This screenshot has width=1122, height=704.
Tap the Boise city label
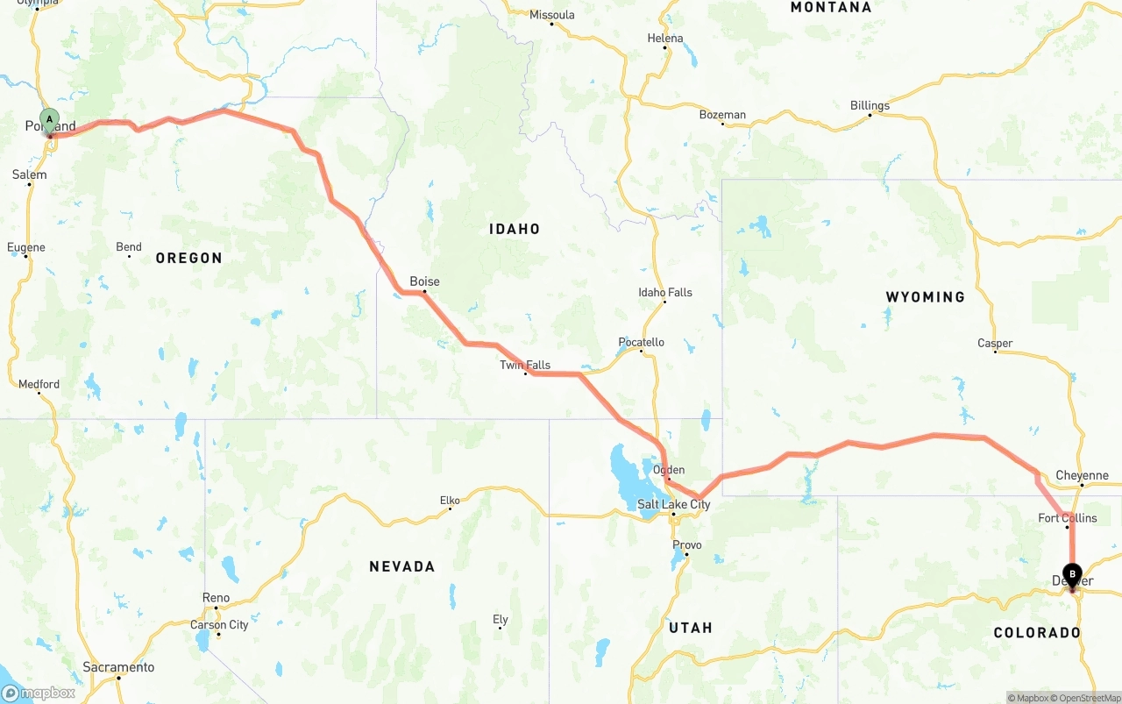424,281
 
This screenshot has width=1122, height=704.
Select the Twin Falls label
525,365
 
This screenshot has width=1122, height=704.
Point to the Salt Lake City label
673,504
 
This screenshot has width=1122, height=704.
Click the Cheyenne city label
1082,475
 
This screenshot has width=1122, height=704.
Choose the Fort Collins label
1067,518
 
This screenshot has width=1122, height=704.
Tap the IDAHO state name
515,229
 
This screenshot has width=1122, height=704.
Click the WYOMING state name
925,297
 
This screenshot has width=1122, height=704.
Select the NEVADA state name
401,566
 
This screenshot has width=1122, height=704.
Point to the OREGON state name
188,258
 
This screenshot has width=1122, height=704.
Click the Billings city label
870,105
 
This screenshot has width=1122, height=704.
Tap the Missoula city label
552,15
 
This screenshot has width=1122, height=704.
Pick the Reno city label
216,598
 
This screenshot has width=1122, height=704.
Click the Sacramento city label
118,667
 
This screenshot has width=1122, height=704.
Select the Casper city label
995,344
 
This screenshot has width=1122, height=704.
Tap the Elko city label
450,501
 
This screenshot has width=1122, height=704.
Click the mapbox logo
39,693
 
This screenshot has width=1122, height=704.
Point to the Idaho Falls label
664,292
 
